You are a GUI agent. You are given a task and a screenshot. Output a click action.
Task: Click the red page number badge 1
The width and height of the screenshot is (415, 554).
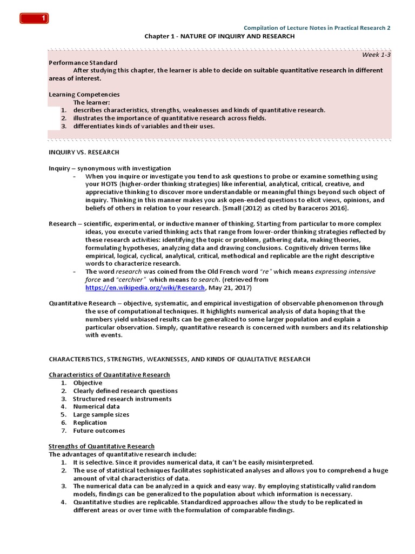(x=35, y=19)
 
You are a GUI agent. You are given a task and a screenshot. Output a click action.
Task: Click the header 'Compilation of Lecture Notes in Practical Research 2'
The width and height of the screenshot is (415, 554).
(x=317, y=28)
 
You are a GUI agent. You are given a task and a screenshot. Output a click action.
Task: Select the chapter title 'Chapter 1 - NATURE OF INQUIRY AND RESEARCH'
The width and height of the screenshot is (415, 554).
(x=219, y=36)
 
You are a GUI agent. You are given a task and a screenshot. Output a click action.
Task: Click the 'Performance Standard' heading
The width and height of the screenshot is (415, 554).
(x=83, y=63)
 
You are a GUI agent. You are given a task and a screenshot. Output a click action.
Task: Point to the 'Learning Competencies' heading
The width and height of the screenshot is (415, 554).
(x=84, y=94)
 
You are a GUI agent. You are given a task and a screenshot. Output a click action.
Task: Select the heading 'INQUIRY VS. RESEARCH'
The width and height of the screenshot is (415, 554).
(x=84, y=153)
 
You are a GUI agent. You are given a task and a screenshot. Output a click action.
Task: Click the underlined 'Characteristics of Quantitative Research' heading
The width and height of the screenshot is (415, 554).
(x=109, y=374)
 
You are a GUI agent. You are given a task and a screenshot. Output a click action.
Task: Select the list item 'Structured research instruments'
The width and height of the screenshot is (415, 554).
(x=122, y=399)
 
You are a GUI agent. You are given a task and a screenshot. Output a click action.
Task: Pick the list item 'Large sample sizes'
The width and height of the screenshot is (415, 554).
(x=101, y=414)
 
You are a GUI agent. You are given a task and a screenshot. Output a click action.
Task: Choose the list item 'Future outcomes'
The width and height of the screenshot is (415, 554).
(x=99, y=431)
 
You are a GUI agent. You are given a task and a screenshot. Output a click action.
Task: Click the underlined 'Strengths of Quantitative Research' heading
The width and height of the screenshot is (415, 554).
(x=102, y=446)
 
